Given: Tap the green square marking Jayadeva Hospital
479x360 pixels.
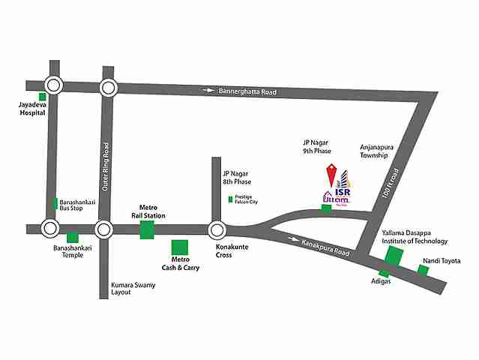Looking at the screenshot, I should [43, 96].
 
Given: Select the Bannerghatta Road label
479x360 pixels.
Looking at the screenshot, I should [247, 91].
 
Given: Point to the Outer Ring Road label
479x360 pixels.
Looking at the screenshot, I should [106, 165].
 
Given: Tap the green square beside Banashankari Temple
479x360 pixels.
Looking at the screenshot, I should [73, 238].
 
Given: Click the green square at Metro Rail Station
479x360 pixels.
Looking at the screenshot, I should [146, 229].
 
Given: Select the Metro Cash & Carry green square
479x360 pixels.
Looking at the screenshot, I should [180, 247].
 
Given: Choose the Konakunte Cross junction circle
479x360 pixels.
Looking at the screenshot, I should [217, 229].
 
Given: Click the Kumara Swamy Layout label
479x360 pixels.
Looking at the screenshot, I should [131, 289].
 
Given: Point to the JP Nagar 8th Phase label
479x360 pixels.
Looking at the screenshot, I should [237, 178].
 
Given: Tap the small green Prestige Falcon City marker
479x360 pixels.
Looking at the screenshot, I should [231, 199].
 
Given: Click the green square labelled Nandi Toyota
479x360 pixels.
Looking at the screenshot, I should [424, 270].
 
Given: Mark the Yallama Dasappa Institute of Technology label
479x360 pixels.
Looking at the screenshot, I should [414, 237].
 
